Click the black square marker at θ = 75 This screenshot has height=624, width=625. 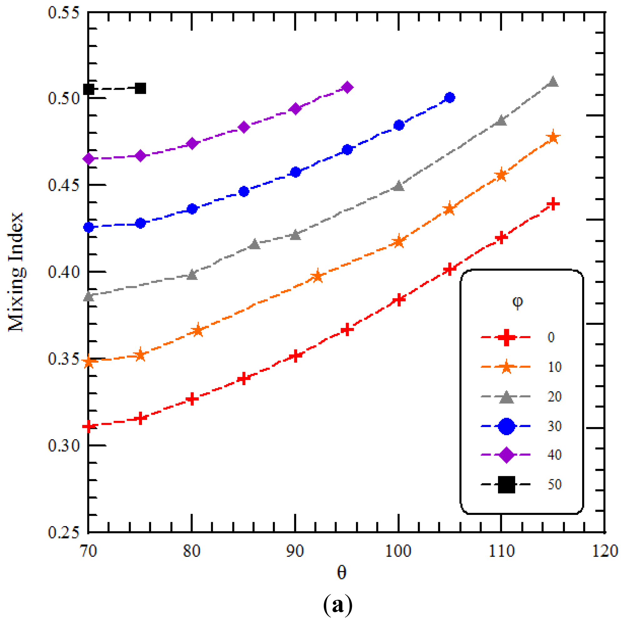(140, 88)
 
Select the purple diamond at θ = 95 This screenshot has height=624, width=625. (347, 87)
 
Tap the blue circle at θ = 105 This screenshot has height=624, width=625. (450, 97)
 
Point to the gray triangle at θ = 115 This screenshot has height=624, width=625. (553, 82)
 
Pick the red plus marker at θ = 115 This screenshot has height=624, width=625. (553, 204)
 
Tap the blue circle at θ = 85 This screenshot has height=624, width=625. (244, 191)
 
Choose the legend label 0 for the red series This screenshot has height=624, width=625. (551, 337)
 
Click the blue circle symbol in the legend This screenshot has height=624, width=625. (506, 426)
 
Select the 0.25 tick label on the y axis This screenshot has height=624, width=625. (64, 532)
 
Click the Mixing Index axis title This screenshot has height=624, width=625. (16, 272)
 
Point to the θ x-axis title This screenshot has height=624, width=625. (342, 573)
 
